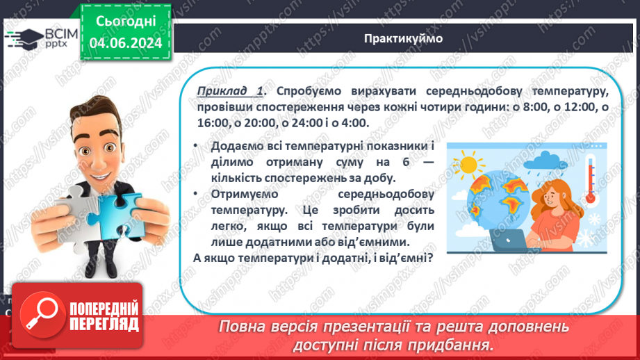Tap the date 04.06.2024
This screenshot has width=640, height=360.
tap(126, 43)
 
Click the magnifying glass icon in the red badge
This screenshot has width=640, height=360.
tap(39, 315)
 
